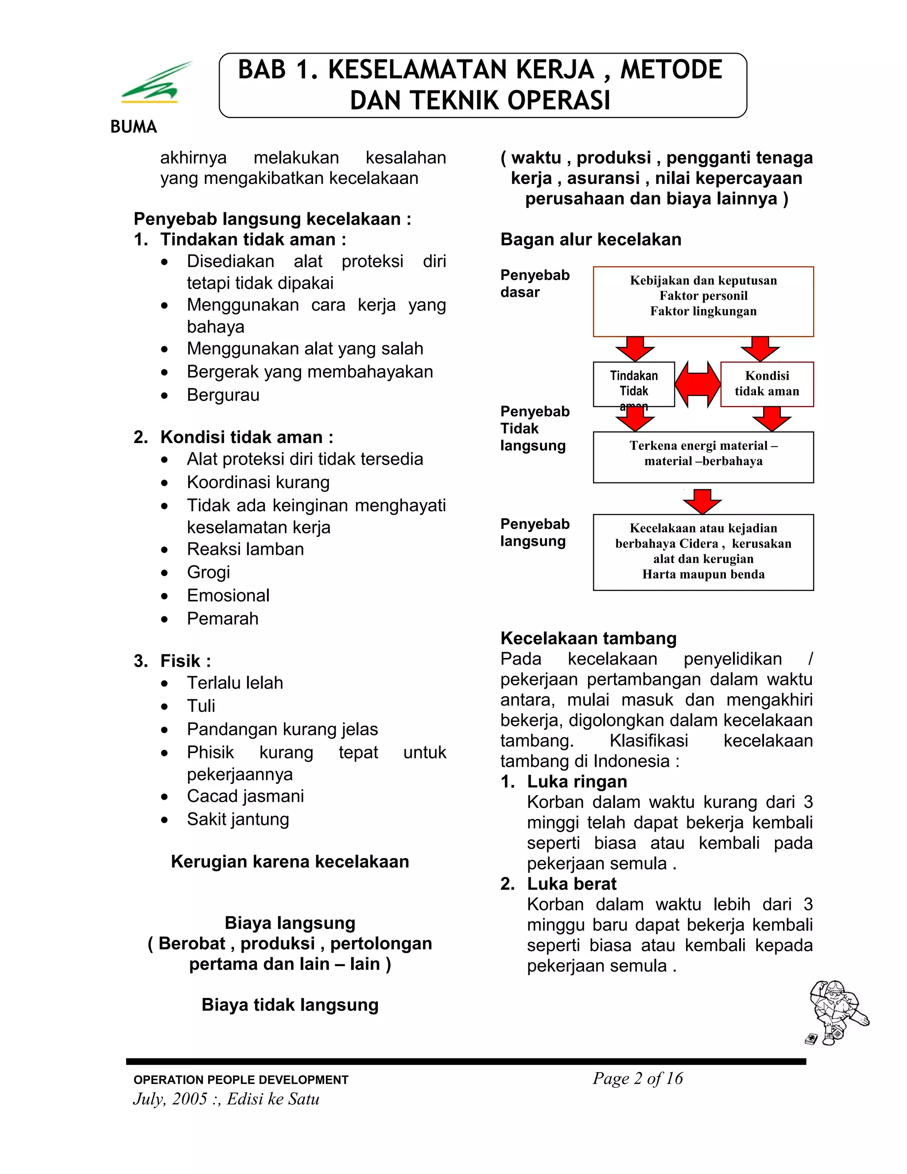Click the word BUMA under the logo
tap(133, 127)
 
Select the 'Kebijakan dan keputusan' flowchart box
tap(703, 301)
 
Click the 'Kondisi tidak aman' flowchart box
tap(767, 384)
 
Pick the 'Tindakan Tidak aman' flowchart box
tap(633, 384)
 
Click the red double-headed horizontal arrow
tap(698, 384)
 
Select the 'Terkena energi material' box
tap(703, 457)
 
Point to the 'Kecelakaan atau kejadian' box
tap(703, 552)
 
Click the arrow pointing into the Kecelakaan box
tap(702, 501)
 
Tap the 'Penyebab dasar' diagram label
tap(534, 283)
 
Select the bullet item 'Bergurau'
tap(223, 395)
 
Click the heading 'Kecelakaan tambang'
tap(589, 638)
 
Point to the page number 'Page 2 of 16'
tap(637, 1078)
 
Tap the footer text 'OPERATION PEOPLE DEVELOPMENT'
tap(241, 1080)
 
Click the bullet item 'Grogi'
tap(209, 572)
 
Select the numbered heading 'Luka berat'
tap(571, 884)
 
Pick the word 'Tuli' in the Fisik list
tap(201, 706)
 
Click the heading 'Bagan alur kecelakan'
tap(590, 239)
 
